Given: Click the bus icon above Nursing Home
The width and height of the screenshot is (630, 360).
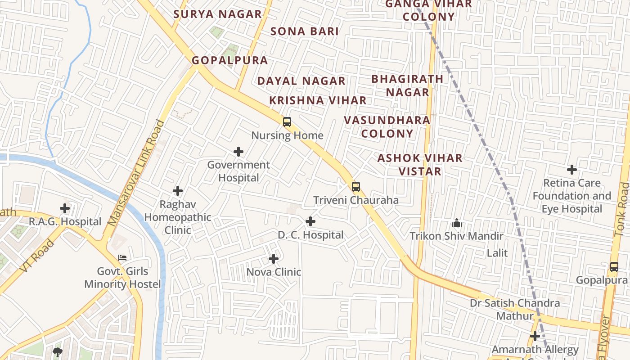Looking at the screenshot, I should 287,121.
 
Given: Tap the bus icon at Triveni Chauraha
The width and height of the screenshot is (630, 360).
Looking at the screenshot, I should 356,186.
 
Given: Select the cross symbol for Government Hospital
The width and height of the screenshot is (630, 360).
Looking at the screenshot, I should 238,152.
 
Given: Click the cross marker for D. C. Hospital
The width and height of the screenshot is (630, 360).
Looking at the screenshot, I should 310,221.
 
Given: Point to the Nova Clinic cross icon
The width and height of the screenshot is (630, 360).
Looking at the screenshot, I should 274,259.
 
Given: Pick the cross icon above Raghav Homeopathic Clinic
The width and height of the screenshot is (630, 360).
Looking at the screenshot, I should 178,191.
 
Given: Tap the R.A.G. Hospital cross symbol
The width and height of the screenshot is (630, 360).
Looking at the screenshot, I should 65,208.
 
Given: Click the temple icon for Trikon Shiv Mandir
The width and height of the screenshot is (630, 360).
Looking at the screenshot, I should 456,223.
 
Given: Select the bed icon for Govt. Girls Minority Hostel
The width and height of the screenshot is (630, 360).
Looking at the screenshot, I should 122,258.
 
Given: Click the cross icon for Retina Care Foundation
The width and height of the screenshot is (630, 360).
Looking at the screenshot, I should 572,170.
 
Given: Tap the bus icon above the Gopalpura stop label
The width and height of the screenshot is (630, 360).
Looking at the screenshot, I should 614,266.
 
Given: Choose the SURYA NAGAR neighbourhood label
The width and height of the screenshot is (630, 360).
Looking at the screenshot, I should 218,14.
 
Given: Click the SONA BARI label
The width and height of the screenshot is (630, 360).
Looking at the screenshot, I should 305,31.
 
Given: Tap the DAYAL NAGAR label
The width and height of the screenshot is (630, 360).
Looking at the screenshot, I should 301,81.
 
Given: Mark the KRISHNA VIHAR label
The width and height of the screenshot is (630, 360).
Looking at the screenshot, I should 318,100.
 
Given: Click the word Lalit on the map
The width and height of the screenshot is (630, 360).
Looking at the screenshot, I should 497,253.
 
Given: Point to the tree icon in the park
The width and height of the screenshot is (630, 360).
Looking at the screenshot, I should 57,352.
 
